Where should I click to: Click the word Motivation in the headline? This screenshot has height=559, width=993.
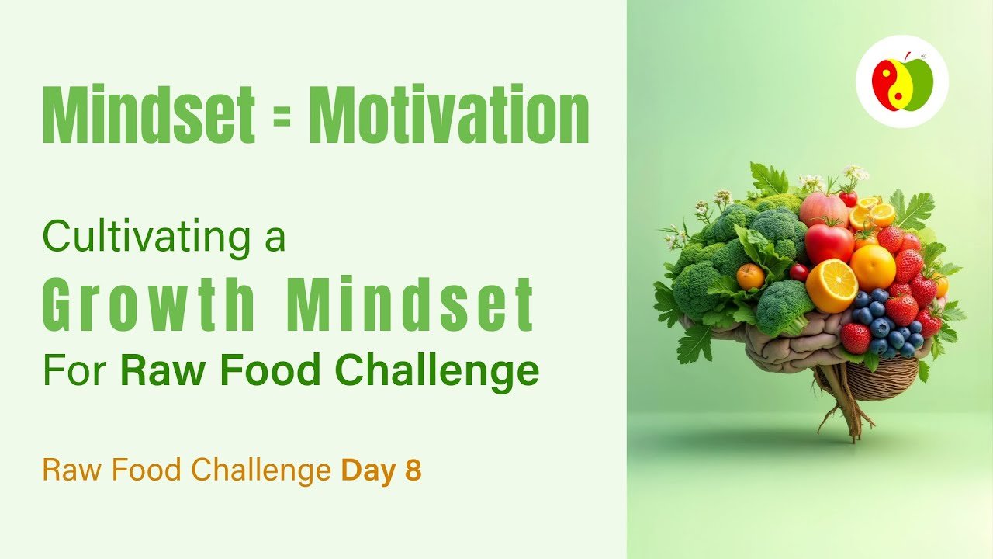448,113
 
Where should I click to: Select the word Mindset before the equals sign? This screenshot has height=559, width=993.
149,113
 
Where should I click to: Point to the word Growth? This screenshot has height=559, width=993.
149,304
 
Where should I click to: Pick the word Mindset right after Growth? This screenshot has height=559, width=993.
410,304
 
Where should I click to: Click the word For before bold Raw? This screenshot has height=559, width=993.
75,370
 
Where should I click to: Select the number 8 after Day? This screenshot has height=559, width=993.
413,470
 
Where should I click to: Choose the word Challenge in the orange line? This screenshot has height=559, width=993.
261,470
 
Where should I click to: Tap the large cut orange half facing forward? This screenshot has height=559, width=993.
832,286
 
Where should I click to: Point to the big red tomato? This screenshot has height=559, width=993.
829,243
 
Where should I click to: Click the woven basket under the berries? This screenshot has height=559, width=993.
882,377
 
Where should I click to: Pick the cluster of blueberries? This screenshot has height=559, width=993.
884,321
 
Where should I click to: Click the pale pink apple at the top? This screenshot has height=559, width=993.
824,209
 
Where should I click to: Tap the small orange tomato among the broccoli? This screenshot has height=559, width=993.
750,277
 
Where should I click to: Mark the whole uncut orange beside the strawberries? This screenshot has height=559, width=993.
873,267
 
